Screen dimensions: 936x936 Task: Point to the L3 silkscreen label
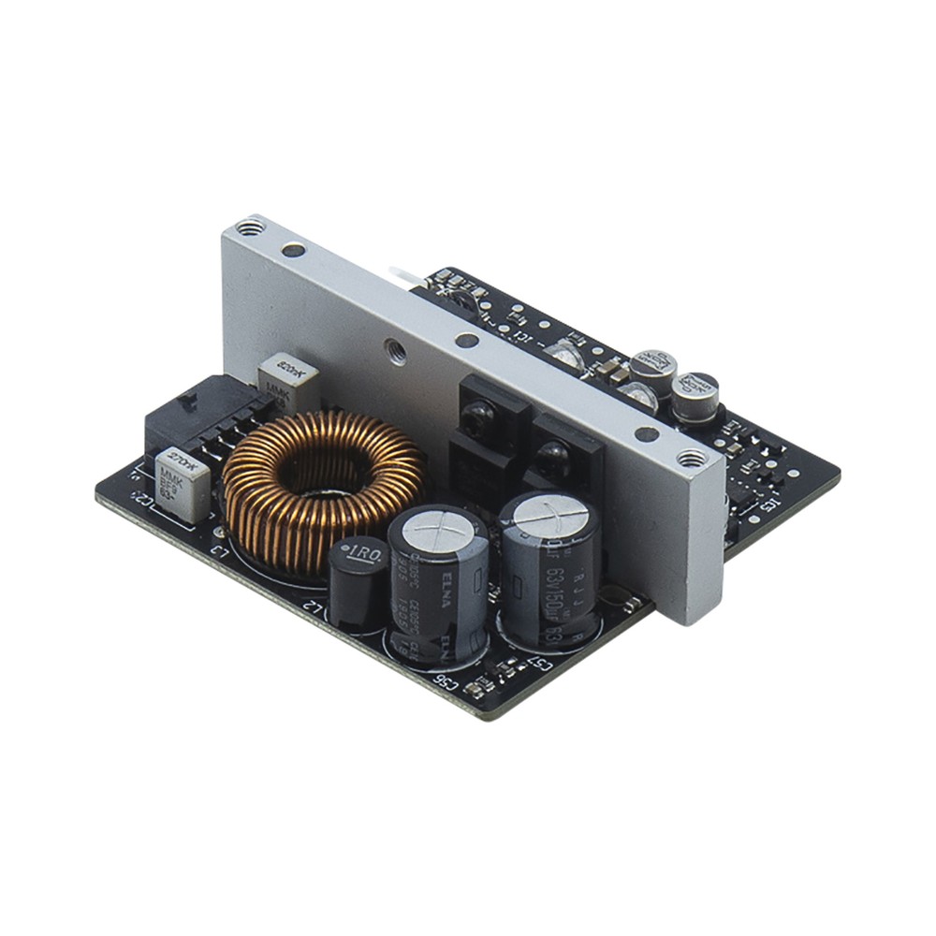pos(221,556)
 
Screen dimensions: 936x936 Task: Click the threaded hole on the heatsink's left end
pos(249,227)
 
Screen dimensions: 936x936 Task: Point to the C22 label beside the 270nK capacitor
pos(143,498)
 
